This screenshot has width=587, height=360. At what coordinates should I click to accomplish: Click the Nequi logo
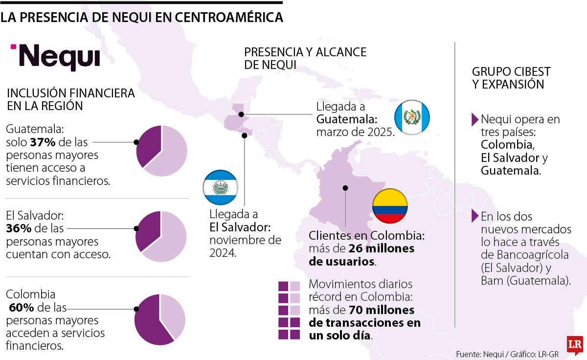tap(55, 57)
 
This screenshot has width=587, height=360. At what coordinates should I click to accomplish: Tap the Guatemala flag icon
tap(412, 117)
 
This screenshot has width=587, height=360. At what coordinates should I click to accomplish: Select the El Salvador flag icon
tap(221, 188)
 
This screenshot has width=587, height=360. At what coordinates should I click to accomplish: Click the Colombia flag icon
tap(390, 205)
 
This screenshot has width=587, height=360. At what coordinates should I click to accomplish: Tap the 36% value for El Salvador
tap(17, 228)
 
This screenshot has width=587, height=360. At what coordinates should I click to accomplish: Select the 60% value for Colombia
tap(22, 308)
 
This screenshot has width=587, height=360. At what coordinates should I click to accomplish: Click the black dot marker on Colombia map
tap(345, 187)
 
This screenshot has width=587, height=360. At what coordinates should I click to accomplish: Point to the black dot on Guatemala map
tap(241, 114)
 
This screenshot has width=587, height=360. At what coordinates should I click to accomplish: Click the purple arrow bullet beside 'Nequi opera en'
tap(474, 119)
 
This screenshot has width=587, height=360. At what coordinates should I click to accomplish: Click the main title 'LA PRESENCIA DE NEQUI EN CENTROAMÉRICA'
tap(141, 17)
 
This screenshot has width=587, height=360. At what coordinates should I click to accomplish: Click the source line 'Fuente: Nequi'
tap(477, 354)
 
